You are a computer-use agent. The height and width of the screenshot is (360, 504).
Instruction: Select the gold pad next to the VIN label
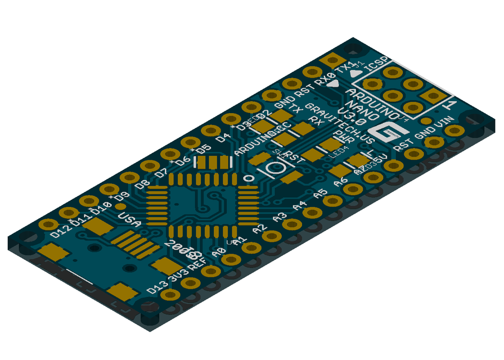point(453,130)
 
